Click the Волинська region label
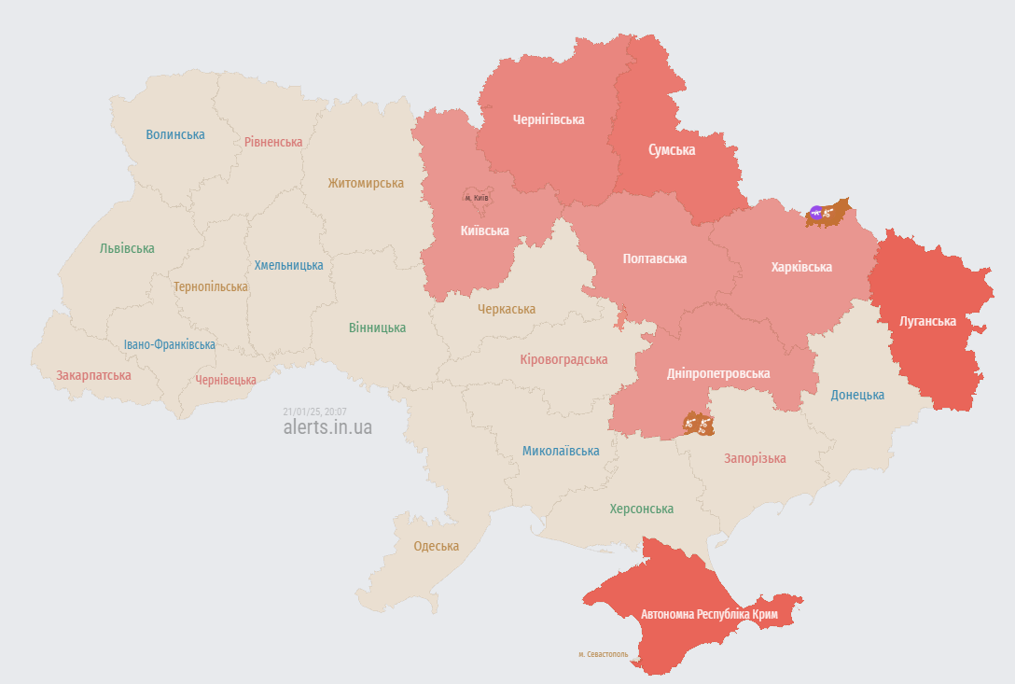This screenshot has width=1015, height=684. [x=175, y=134]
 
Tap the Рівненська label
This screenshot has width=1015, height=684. [x=273, y=142]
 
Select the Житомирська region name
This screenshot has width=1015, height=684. [x=366, y=184]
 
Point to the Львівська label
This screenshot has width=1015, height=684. [x=127, y=248]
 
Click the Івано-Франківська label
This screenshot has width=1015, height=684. [x=170, y=344]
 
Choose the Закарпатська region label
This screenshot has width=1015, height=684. [x=93, y=375]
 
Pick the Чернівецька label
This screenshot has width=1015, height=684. [x=226, y=380]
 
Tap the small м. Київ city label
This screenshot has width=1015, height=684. [x=476, y=198]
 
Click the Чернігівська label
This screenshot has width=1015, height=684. [x=549, y=119]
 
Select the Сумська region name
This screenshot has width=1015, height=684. [x=672, y=149]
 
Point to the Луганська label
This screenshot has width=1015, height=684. [x=927, y=321]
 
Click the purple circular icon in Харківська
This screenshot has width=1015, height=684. [x=816, y=214]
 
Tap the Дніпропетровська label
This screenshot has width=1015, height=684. [x=718, y=373]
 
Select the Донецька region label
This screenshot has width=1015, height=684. [x=857, y=395]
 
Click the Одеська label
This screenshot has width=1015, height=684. [x=437, y=546]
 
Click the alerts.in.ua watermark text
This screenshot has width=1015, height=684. [x=327, y=427]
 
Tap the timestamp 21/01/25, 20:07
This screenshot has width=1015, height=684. [x=314, y=412]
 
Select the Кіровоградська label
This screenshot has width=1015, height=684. [x=563, y=359]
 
